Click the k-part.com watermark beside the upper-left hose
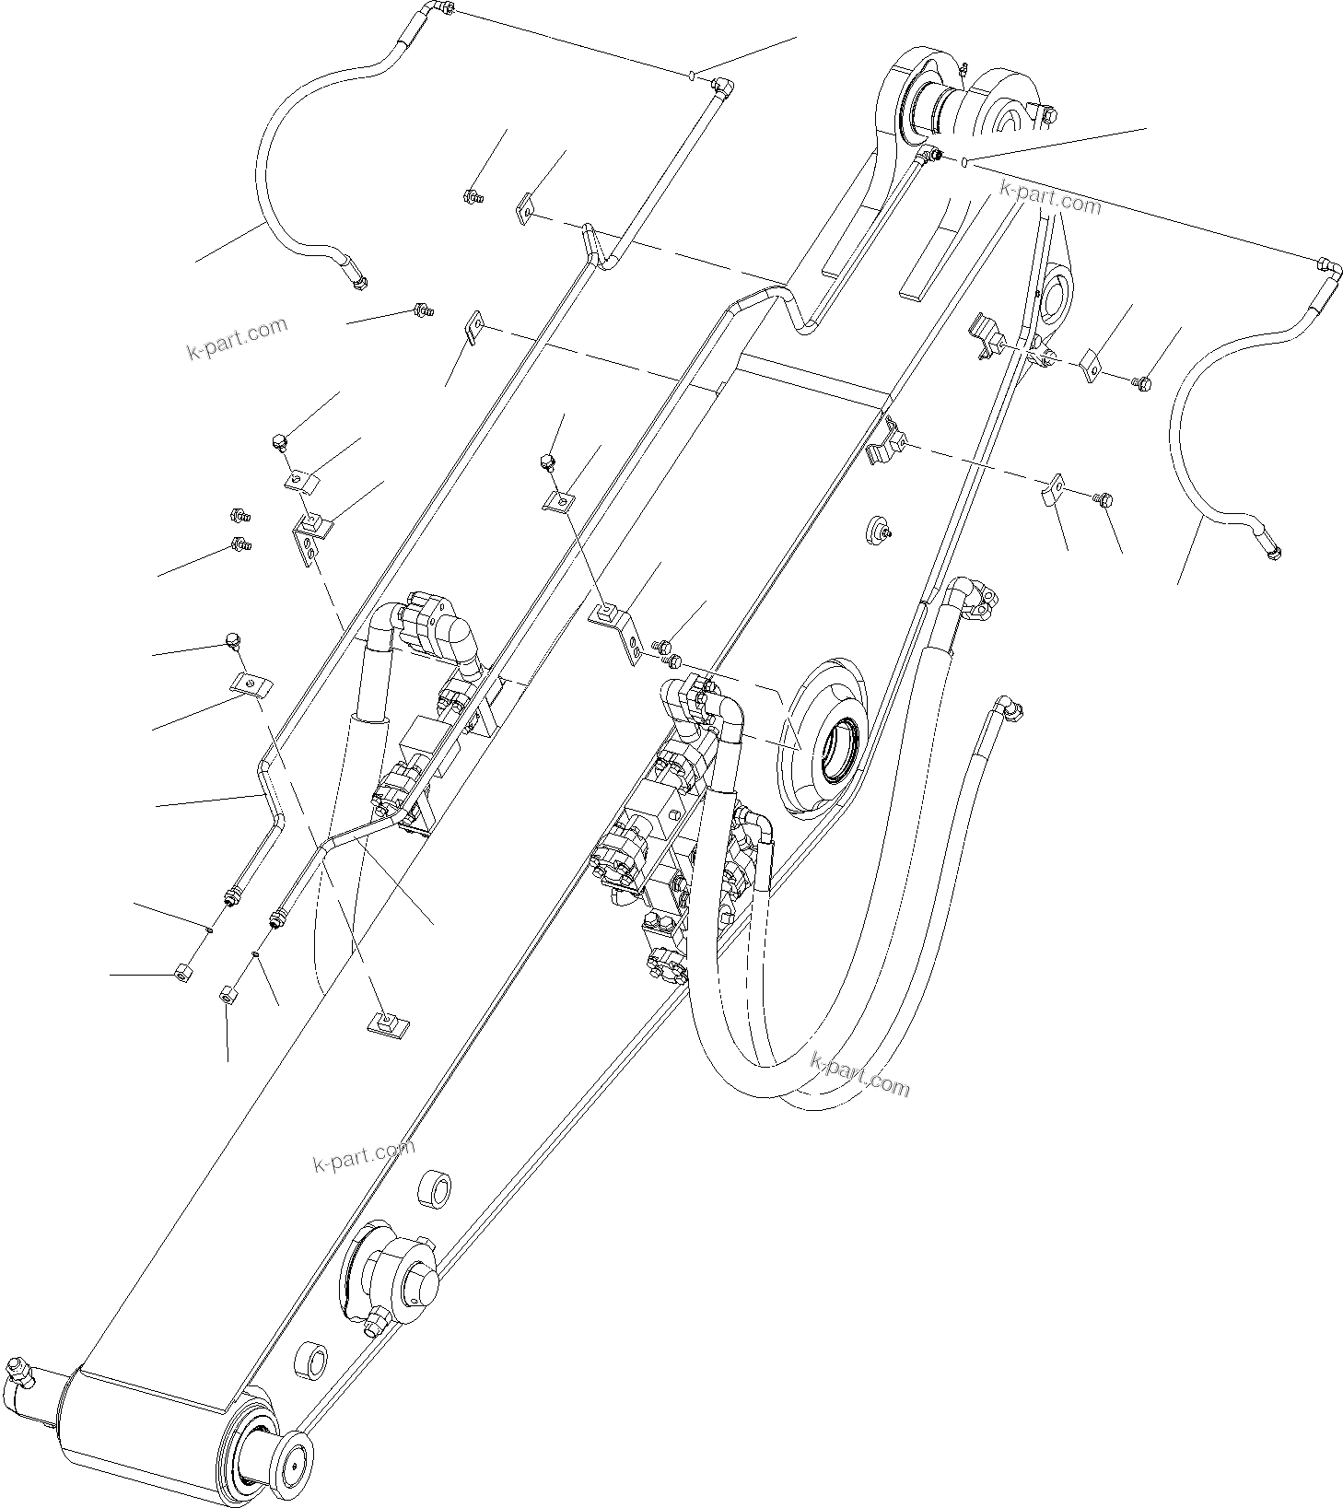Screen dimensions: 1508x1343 (237, 338)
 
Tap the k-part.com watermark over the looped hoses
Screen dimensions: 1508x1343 (860, 1074)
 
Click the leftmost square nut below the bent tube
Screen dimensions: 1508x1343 (181, 973)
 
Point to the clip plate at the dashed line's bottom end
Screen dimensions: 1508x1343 (388, 1023)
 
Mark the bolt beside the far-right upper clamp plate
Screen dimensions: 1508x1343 (1142, 381)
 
